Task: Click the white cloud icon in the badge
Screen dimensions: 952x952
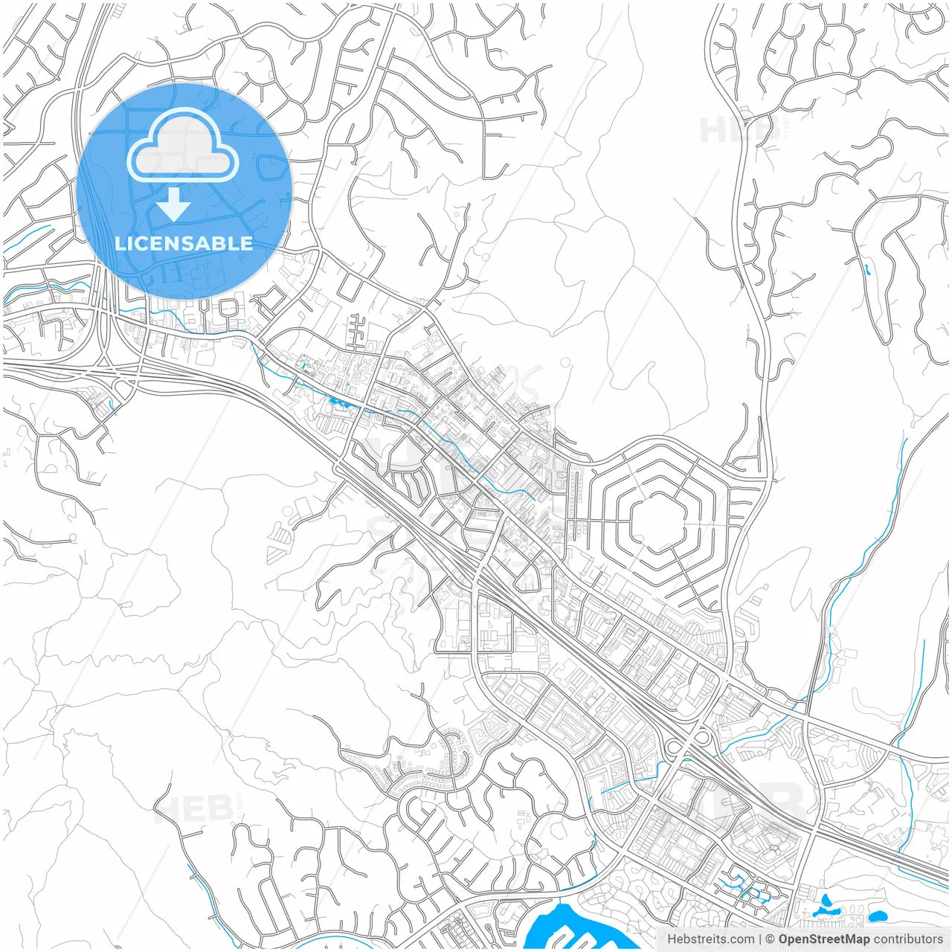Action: (183, 147)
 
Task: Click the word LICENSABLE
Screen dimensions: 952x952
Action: (184, 243)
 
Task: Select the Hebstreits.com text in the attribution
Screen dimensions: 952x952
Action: (710, 939)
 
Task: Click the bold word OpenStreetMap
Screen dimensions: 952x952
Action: (824, 939)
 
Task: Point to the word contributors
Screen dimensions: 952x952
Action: (908, 939)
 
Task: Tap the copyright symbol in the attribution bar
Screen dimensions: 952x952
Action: (771, 939)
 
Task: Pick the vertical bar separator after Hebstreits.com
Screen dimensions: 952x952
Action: (759, 939)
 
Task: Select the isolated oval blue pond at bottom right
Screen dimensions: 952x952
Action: (878, 916)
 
